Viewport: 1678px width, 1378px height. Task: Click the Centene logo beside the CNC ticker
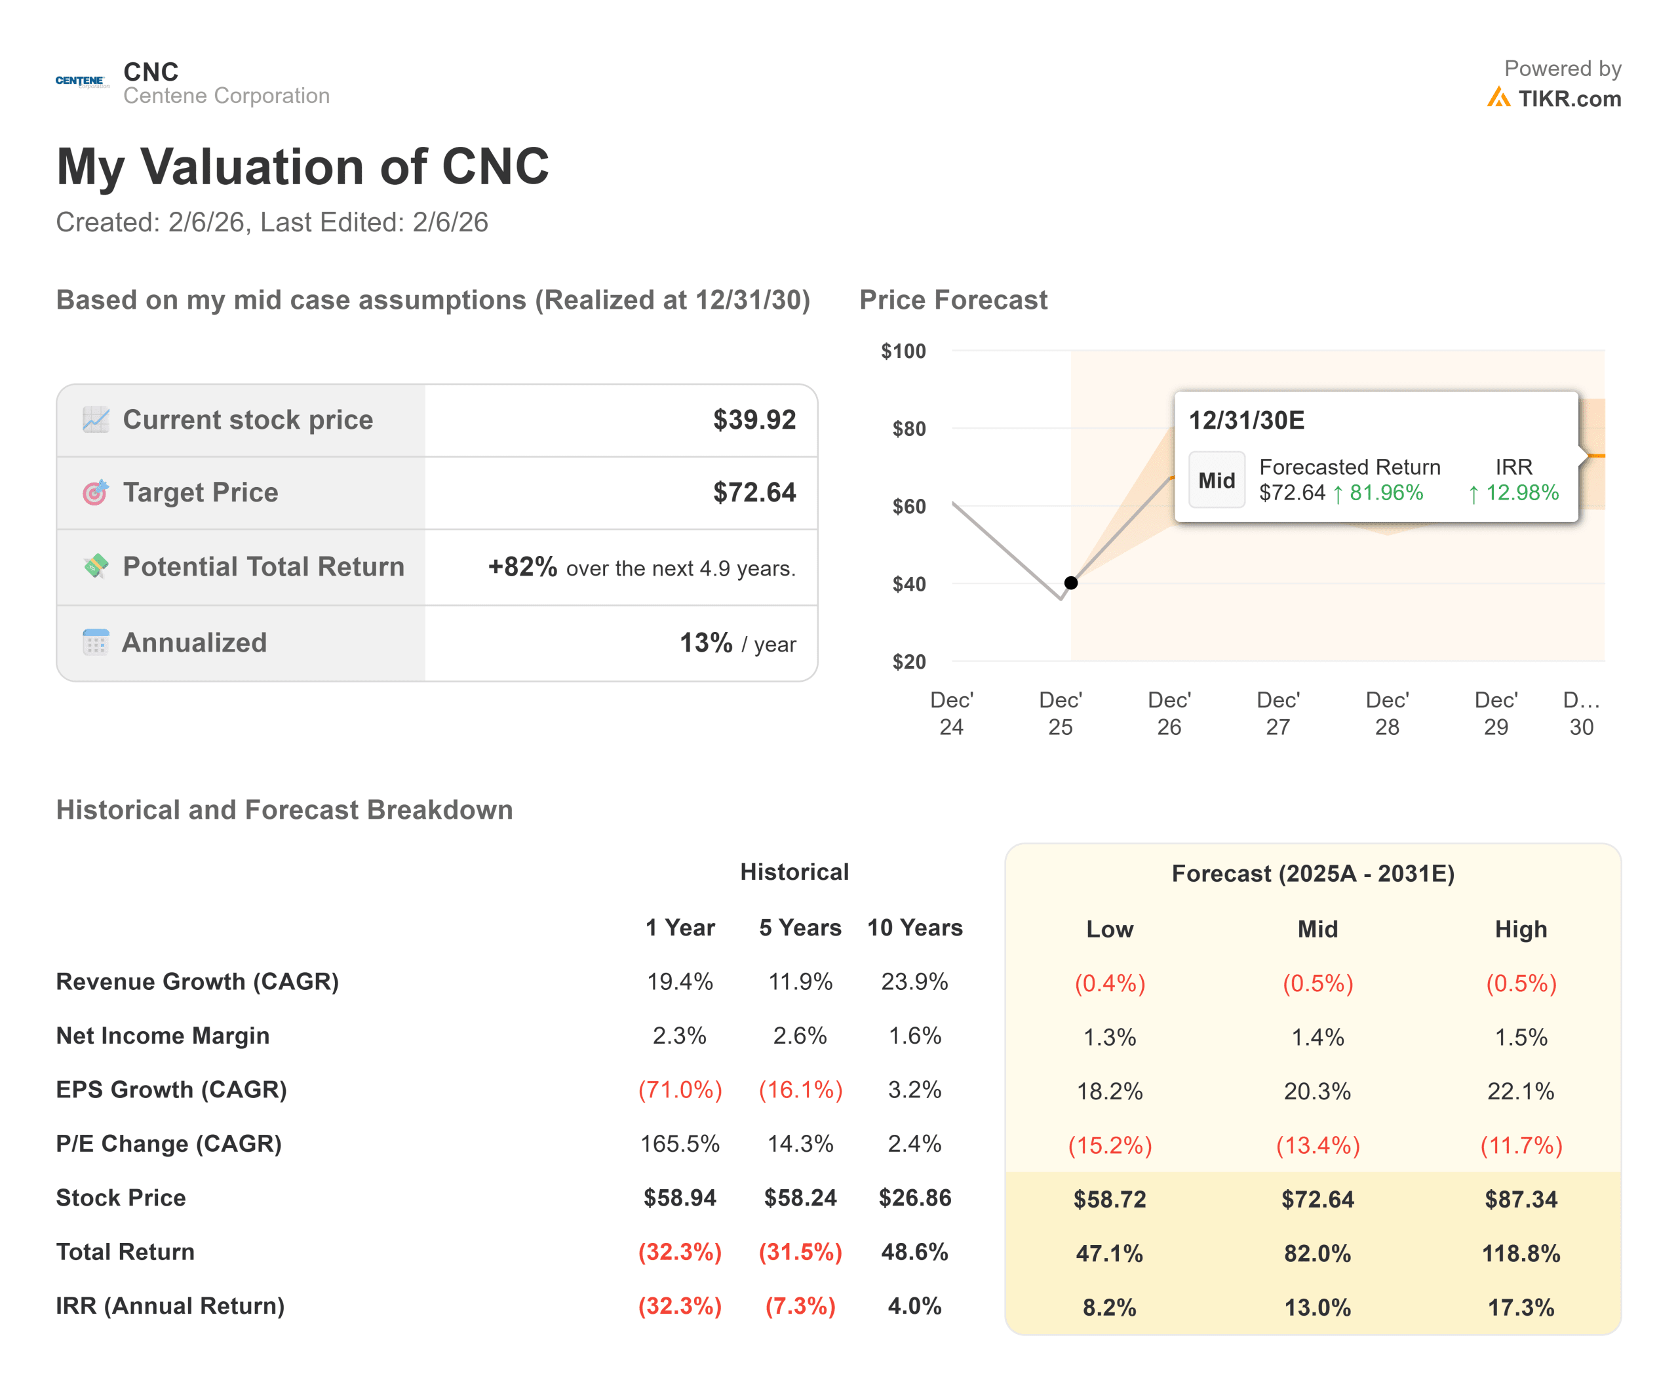pos(82,82)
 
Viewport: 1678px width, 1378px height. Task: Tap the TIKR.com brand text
pos(1569,99)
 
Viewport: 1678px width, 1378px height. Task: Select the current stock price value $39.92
pos(753,420)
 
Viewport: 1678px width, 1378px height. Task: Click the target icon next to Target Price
pos(95,493)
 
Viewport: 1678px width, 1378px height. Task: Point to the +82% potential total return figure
pos(522,567)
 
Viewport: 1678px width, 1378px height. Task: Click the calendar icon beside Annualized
pos(95,642)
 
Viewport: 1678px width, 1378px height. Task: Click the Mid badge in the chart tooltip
pos(1215,481)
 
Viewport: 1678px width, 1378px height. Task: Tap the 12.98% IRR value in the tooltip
pos(1521,493)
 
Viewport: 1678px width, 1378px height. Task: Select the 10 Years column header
pos(914,927)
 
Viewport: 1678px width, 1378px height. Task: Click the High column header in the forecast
pos(1520,929)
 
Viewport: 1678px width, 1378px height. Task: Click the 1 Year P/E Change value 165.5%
pos(680,1143)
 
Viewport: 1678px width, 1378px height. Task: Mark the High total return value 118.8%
pos(1520,1253)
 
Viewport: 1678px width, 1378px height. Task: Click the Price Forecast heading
pos(952,300)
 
